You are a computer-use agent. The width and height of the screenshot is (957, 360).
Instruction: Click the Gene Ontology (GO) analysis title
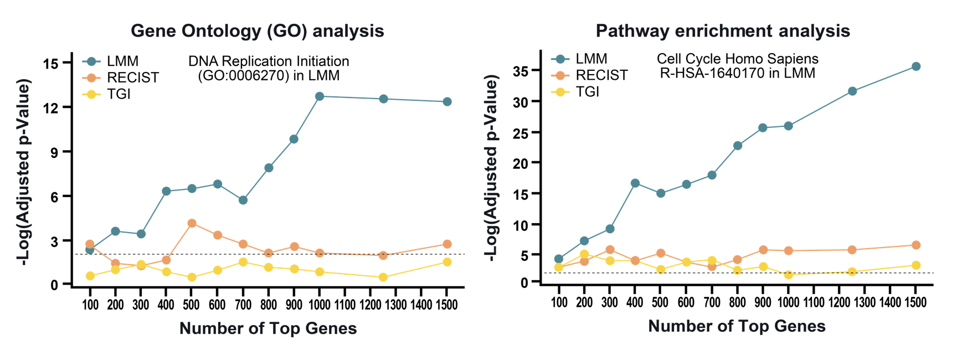[x=257, y=30]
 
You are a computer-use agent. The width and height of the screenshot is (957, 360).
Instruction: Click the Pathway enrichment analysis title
[x=723, y=30]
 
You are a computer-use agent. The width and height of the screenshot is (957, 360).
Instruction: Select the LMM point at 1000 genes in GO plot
[x=320, y=96]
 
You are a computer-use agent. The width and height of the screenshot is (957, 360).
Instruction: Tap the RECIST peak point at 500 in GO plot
[x=192, y=223]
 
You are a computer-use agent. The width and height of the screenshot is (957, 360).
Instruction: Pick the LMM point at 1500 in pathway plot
[x=916, y=66]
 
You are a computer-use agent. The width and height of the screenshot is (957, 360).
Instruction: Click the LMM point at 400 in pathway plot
[x=635, y=183]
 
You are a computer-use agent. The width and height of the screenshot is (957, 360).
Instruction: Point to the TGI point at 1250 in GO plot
[x=383, y=277]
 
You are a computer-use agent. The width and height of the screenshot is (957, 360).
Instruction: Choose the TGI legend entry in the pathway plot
[x=587, y=92]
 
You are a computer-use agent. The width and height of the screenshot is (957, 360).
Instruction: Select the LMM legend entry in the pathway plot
[x=591, y=59]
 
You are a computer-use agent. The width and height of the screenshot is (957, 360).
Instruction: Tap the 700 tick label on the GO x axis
[x=243, y=305]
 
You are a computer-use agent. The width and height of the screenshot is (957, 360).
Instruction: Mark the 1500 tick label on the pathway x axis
[x=915, y=302]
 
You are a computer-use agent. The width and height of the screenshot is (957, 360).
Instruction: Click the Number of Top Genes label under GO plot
[x=268, y=328]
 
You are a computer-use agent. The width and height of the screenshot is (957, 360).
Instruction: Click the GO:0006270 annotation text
[x=269, y=76]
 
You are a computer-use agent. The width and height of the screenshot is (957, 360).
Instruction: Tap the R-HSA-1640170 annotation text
[x=737, y=73]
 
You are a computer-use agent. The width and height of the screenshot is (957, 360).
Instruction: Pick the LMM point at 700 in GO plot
[x=243, y=200]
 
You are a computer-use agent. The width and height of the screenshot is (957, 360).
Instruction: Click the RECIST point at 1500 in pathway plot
[x=916, y=245]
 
